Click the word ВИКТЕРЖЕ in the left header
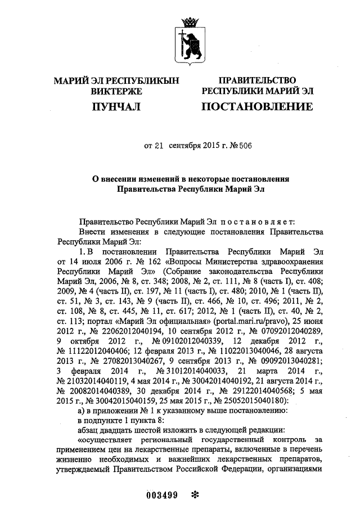tap(116, 91)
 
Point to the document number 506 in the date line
tap(245, 146)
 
